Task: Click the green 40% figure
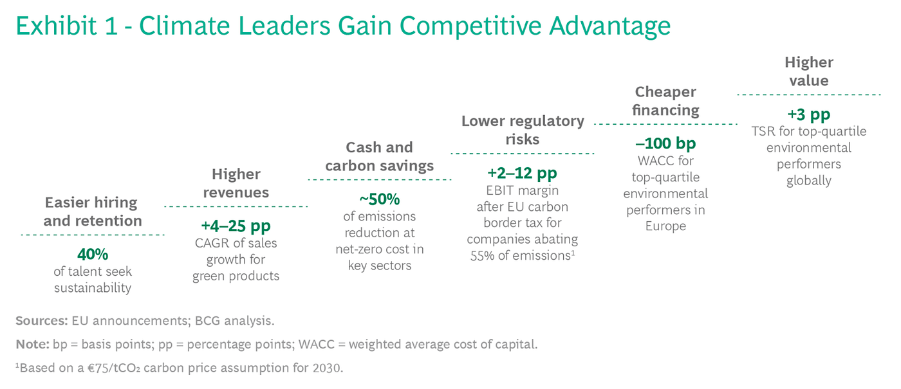click(93, 254)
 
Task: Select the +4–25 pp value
click(236, 226)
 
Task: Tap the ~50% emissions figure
click(379, 199)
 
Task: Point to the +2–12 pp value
click(522, 173)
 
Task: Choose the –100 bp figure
click(665, 143)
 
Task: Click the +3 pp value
click(808, 114)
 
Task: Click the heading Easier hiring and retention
click(93, 212)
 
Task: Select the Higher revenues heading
click(236, 183)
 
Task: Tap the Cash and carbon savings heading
click(379, 157)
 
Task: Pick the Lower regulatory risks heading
click(522, 130)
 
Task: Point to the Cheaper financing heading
click(665, 101)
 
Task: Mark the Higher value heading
click(808, 71)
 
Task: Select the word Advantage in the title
click(610, 26)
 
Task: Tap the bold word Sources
click(41, 321)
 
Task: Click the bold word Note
click(32, 345)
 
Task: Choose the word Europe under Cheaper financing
click(665, 226)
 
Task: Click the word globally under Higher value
click(808, 181)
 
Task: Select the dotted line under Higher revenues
click(236, 206)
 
